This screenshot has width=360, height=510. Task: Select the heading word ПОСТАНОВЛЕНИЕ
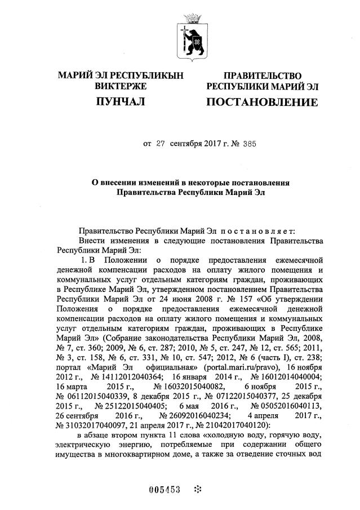[x=261, y=102]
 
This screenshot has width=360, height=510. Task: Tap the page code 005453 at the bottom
[x=164, y=489]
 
